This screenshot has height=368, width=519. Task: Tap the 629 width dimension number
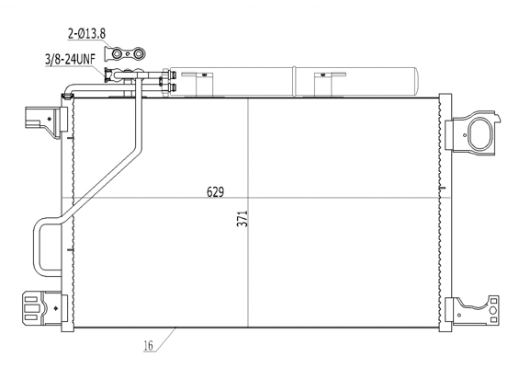[x=215, y=192]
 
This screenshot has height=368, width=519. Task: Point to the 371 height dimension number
[x=242, y=220]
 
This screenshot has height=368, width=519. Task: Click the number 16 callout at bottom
[x=147, y=346]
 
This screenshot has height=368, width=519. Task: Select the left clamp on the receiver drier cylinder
[x=196, y=82]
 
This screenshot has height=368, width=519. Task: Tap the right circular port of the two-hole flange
[x=138, y=55]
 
